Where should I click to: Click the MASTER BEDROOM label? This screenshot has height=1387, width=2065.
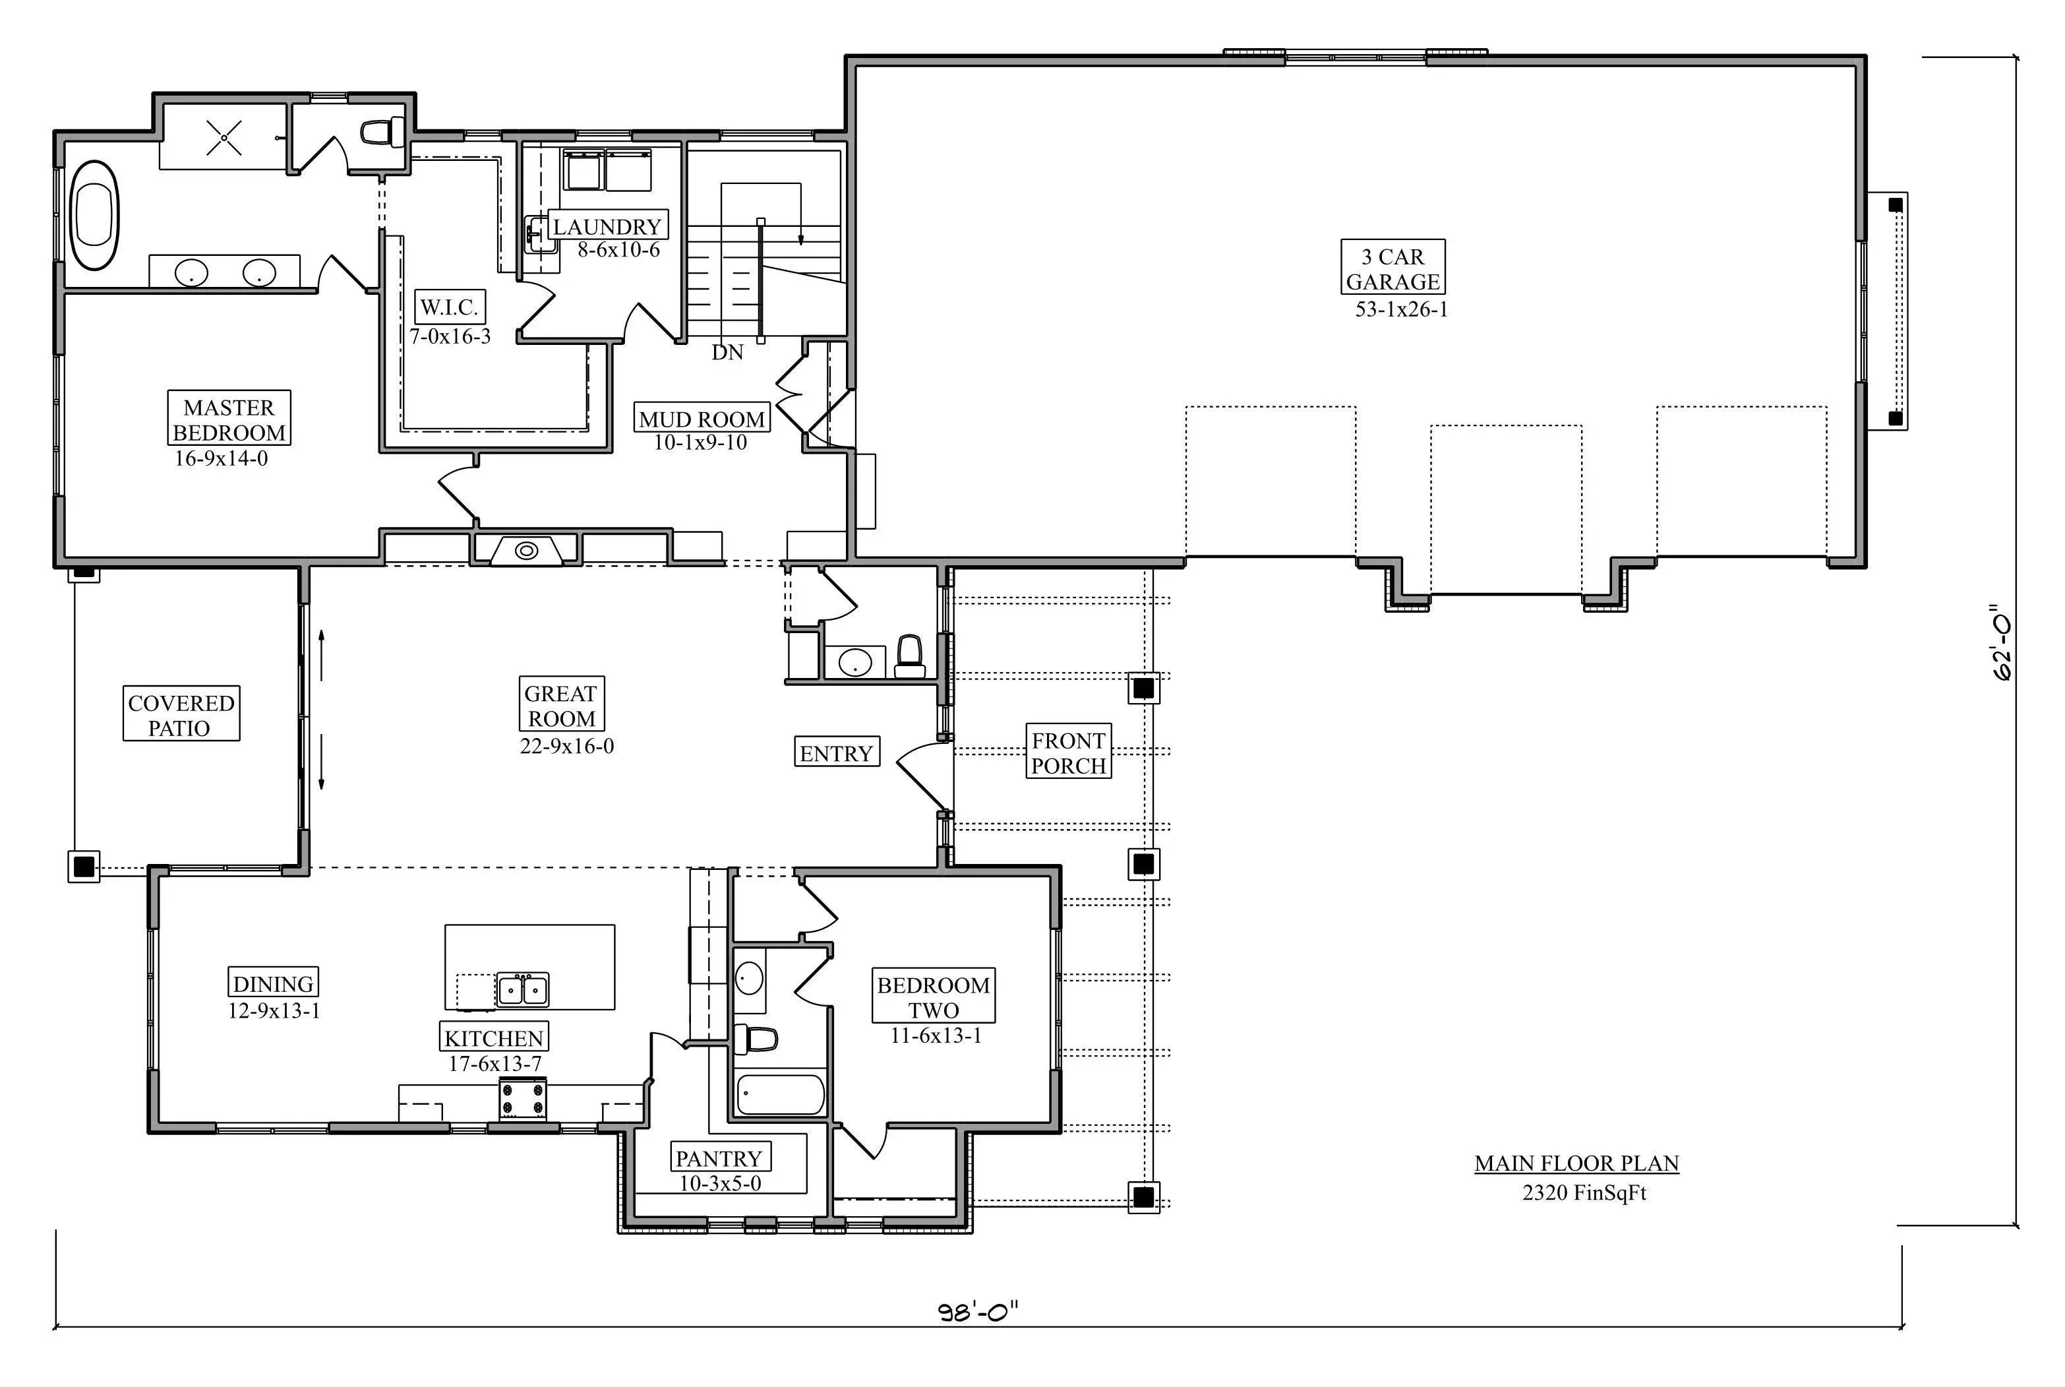coord(229,419)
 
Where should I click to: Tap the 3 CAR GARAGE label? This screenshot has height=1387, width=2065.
coord(1393,269)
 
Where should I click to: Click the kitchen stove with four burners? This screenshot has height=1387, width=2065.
coord(523,1099)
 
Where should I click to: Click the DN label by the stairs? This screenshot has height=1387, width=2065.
coord(728,352)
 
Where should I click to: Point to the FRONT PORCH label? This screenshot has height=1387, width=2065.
coord(1068,753)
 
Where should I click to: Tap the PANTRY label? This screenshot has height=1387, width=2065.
coord(718,1158)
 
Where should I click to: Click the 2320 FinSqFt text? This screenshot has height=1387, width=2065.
coord(1584,1192)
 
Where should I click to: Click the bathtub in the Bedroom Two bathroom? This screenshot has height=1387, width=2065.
coord(781,1094)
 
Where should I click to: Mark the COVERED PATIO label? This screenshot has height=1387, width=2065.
coord(181,715)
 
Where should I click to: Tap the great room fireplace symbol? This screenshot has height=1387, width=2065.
coord(526,550)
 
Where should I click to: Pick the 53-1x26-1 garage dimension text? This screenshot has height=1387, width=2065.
coord(1402,309)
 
